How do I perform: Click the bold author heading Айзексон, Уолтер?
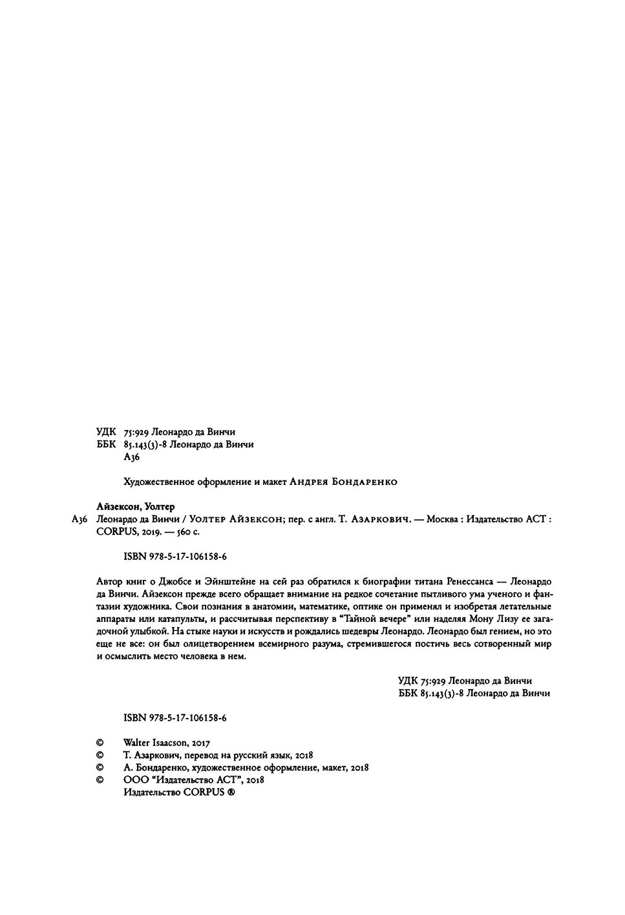135,506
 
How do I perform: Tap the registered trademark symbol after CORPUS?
231,792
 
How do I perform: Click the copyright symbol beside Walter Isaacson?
100,743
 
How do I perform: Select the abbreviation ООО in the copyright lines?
135,780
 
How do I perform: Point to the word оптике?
351,606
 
